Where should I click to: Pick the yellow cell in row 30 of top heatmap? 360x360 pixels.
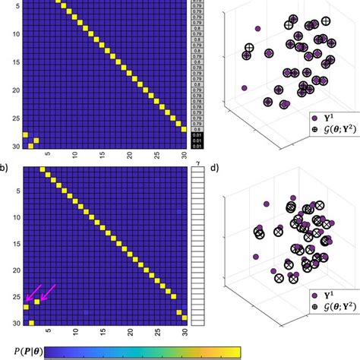(x=30, y=145)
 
